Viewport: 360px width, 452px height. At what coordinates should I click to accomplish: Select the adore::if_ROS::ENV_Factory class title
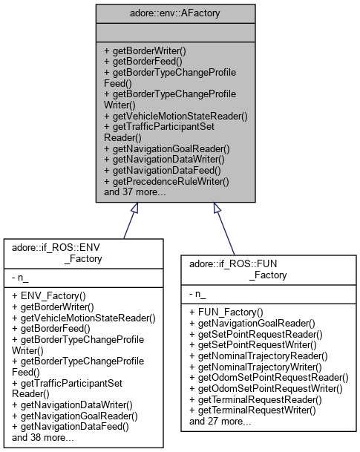pyautogui.click(x=83, y=250)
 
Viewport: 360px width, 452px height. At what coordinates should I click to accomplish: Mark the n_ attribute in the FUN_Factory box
pyautogui.click(x=198, y=294)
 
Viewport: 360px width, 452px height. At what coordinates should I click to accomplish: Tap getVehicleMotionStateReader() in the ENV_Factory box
pyautogui.click(x=84, y=317)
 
